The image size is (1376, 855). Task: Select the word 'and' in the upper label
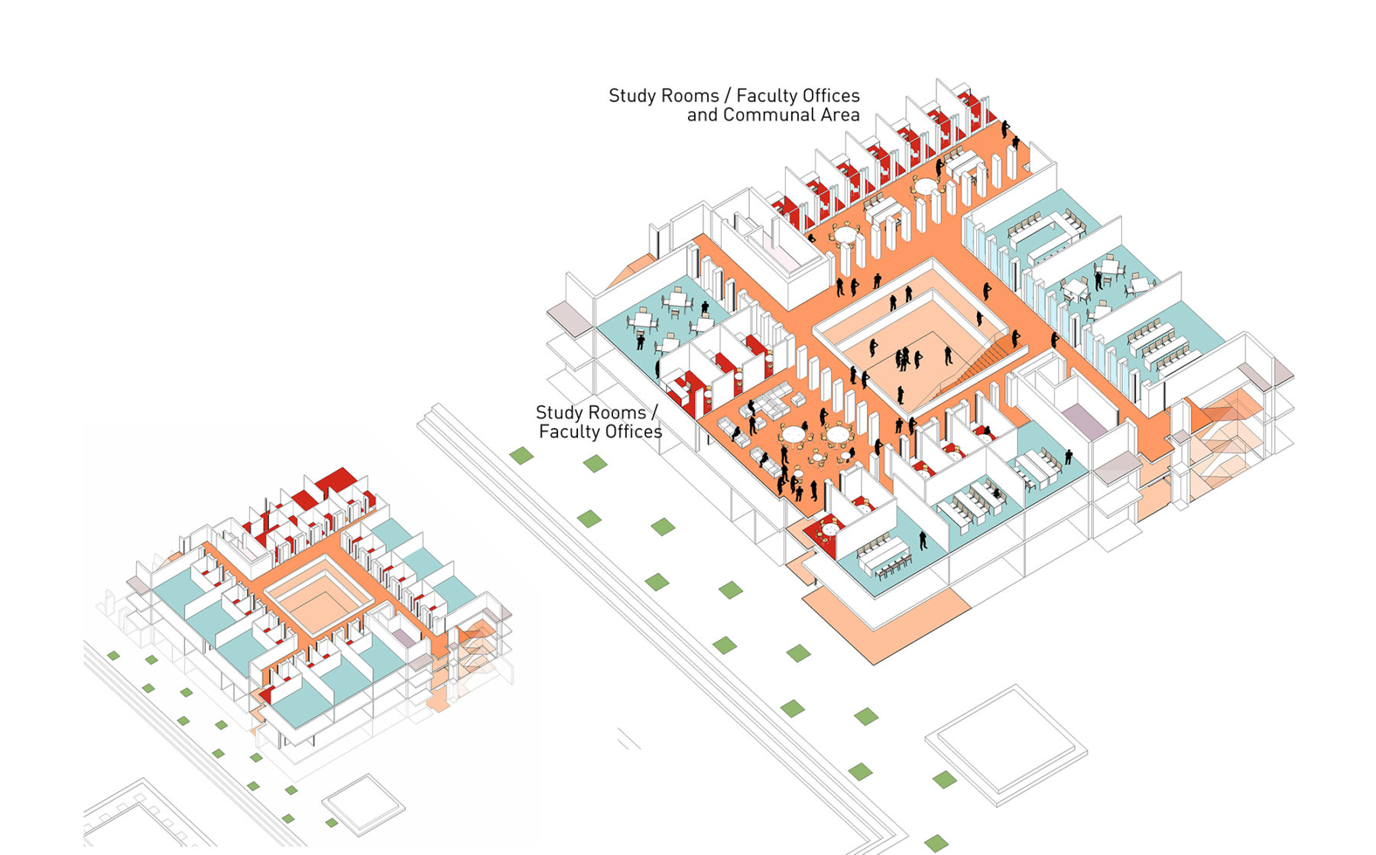[702, 115]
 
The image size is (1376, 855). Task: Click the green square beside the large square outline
[944, 780]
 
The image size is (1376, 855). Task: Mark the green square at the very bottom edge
[936, 844]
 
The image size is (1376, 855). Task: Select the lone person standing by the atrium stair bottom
[901, 395]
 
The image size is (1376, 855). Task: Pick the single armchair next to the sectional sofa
[800, 400]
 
